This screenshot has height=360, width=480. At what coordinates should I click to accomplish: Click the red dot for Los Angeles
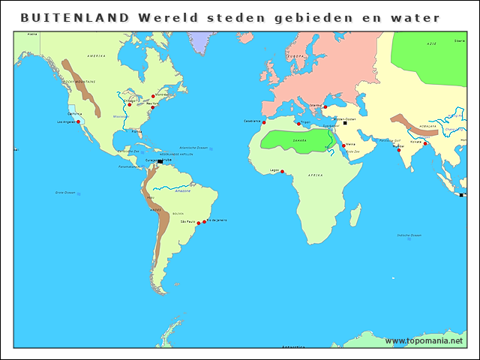coord(78,121)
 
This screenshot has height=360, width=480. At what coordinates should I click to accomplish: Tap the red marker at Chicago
coord(129,105)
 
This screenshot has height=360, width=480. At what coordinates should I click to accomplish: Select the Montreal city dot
coord(153,96)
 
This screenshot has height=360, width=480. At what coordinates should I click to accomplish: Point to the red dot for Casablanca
coord(264,122)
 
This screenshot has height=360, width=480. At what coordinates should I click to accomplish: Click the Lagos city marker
coord(282,171)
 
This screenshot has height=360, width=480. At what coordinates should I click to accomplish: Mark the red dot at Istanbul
coord(325,106)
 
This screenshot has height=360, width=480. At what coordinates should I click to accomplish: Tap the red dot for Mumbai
coord(399,150)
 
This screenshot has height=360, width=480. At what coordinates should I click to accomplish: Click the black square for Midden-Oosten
coord(345,123)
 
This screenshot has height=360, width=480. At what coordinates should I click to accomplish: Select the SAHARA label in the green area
coord(300,139)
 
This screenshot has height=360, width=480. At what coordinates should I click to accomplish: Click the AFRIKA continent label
coord(315,175)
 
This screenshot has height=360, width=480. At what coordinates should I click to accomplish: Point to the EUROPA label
coord(296,56)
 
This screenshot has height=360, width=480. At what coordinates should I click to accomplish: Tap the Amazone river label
coord(183,190)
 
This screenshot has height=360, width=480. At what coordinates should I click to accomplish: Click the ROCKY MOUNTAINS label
coord(79,81)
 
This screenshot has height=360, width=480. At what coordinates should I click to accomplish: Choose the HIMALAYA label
coord(430,126)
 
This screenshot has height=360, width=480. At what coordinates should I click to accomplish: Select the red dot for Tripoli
coord(298,124)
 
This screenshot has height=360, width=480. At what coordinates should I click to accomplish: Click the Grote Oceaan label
coord(66,193)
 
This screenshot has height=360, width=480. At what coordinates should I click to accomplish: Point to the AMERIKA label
coord(96,56)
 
